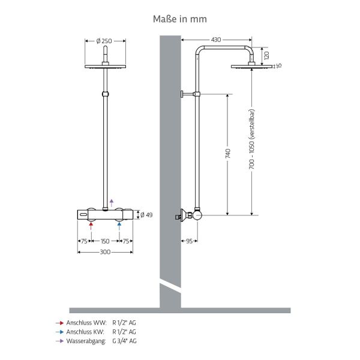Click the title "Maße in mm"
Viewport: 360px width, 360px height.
pos(180,19)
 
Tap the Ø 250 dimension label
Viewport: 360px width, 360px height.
pos(104,41)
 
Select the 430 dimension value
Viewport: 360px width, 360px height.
pos(216,40)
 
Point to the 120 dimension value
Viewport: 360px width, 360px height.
pos(266,56)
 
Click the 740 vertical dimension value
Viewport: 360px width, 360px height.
pos(228,153)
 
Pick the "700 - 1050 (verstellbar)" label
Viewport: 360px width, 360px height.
pos(252,139)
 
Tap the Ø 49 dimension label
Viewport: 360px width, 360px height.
pos(146,215)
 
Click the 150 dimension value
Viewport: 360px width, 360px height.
pos(105,241)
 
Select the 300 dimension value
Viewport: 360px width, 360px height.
pos(105,252)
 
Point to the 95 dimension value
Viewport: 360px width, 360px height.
pos(189,241)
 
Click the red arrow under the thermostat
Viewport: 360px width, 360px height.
pos(91,226)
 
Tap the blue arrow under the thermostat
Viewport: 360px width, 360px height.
pos(119,226)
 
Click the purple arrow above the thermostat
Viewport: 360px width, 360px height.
pos(112,203)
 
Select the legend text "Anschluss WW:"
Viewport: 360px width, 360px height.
pos(86,323)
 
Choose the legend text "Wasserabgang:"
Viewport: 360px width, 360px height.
pos(86,341)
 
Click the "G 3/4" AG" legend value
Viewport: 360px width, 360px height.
pos(124,341)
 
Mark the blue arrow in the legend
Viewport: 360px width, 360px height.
pos(59,332)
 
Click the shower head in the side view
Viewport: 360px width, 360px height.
pos(251,67)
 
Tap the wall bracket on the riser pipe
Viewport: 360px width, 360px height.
pos(190,94)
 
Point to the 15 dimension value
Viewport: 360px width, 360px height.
pos(279,65)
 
